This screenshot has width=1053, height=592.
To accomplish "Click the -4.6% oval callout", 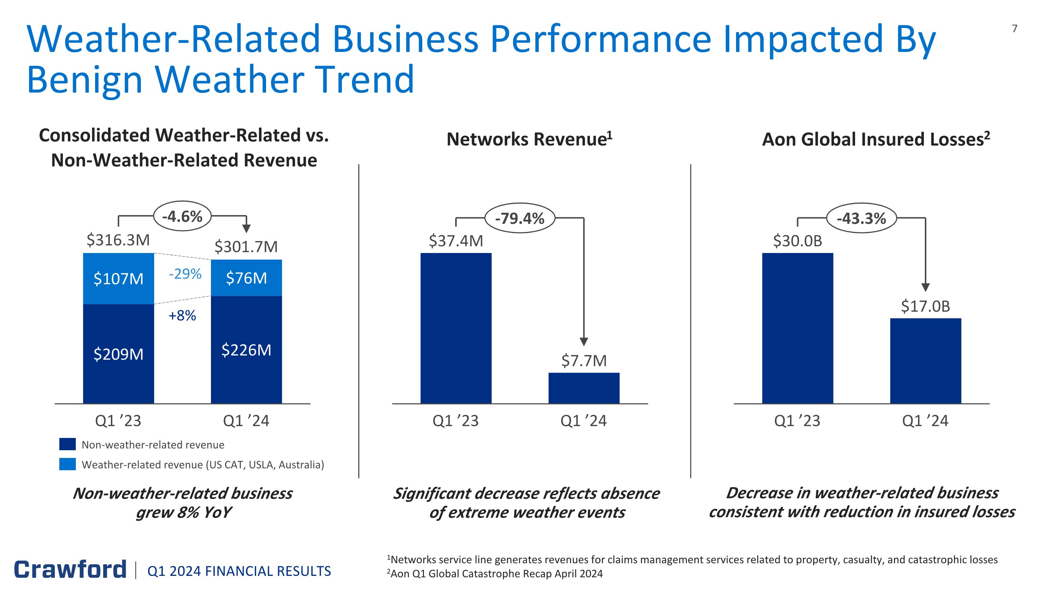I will [182, 216].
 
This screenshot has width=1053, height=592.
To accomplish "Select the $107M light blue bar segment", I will [119, 278].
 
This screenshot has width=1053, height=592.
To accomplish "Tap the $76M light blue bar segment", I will [246, 278].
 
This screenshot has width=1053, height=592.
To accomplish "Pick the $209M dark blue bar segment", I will [119, 354].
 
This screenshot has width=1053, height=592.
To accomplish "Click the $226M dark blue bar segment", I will [246, 350].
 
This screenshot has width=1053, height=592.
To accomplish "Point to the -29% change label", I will [185, 273].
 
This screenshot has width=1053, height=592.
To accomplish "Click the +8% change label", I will [182, 315].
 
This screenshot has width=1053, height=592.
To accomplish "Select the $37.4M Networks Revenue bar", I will [456, 328].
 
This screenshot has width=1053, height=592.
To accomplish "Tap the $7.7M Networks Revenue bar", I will [584, 388].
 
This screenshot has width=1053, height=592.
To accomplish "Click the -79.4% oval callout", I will [519, 218].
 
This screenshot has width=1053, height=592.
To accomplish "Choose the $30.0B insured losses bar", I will [797, 328].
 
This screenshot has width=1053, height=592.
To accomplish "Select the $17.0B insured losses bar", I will [926, 361].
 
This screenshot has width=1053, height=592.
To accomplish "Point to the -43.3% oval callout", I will [861, 218].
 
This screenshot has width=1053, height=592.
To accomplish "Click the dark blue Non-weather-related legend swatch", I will [67, 444].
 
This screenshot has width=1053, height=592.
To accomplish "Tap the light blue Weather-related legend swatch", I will [67, 464].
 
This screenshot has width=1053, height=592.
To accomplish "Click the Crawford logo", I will [70, 570].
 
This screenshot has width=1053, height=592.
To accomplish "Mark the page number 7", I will [1015, 28].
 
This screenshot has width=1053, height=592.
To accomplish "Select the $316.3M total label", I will [118, 240].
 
